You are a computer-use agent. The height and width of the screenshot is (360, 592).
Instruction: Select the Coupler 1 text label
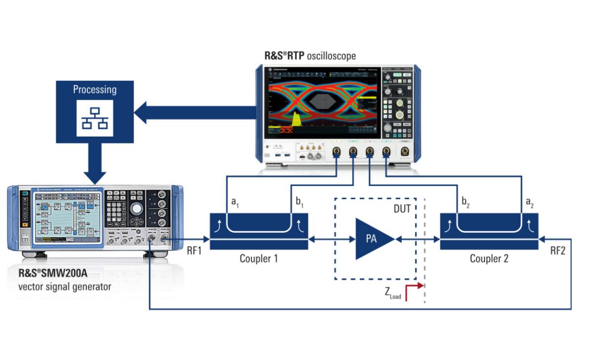[259, 258]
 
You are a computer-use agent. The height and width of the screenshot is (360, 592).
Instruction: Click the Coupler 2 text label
[489, 258]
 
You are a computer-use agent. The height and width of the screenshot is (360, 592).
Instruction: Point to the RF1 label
[195, 251]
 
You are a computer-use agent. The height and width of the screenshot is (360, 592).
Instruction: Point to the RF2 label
[559, 251]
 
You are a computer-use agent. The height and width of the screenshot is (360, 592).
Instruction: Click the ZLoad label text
[393, 294]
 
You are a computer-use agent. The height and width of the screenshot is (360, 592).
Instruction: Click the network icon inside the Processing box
[95, 118]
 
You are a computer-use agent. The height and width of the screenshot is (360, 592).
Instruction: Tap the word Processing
[95, 90]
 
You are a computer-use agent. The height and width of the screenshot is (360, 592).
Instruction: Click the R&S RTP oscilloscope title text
[310, 55]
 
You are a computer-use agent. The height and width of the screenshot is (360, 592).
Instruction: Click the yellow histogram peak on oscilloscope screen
[296, 118]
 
